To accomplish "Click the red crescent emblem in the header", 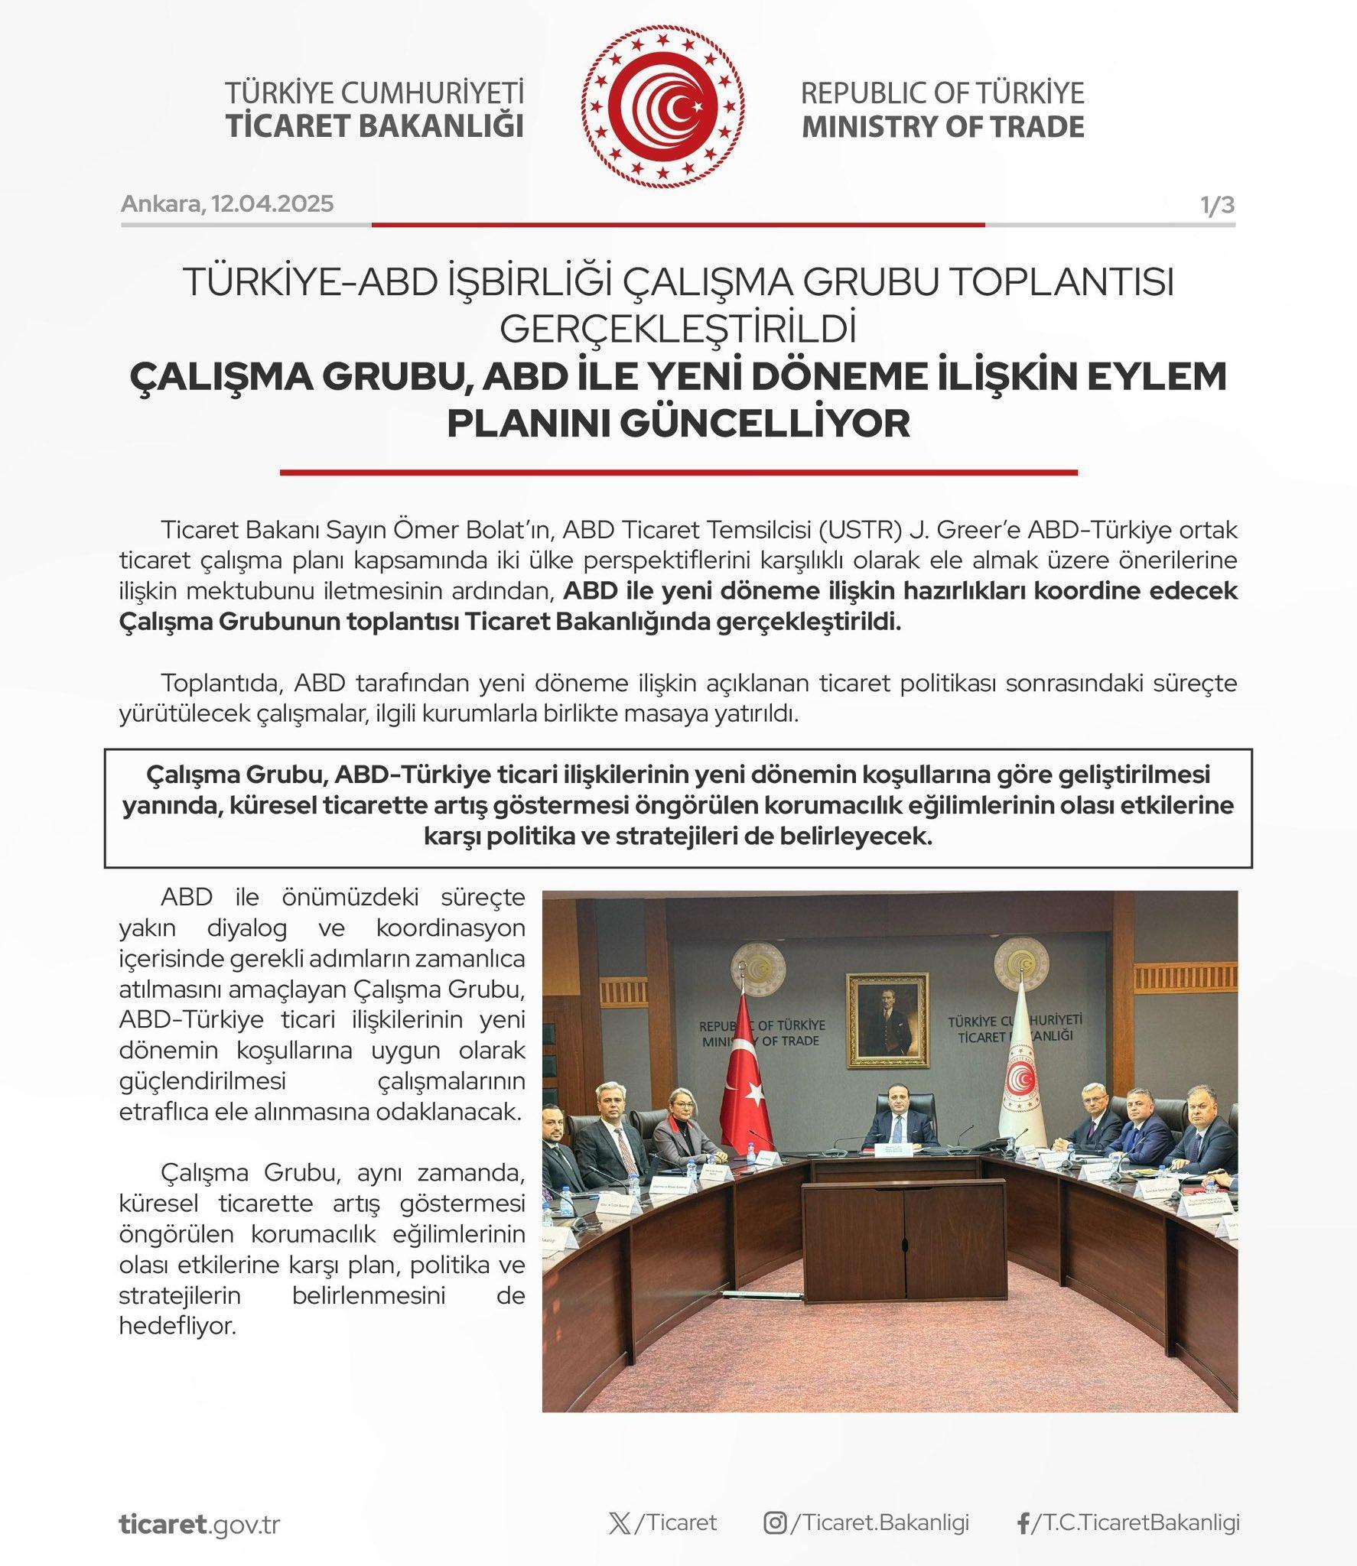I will (663, 107).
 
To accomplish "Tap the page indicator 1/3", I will (1216, 205).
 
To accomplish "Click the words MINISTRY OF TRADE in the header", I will (942, 127).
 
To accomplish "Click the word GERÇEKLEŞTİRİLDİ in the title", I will (678, 329).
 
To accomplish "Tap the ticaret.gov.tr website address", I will (200, 1524).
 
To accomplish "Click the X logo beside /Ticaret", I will (620, 1523).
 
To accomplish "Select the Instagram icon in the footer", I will (775, 1523).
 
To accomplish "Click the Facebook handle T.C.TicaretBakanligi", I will (1135, 1523).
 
